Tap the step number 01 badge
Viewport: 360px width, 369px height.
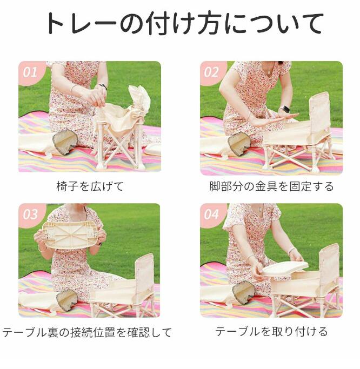(30, 72)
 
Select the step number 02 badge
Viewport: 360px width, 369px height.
(211, 72)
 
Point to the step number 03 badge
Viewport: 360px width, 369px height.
(30, 214)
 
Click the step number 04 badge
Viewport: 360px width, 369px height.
(211, 214)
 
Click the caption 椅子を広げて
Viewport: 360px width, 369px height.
(90, 186)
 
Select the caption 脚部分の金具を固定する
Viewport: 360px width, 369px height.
(271, 186)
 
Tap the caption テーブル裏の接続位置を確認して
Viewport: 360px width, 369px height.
(86, 332)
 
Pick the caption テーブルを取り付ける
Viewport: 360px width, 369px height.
(271, 331)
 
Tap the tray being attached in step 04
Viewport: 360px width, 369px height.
(285, 269)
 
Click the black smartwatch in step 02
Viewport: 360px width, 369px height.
(285, 109)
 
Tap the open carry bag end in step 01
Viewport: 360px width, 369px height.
(65, 143)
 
